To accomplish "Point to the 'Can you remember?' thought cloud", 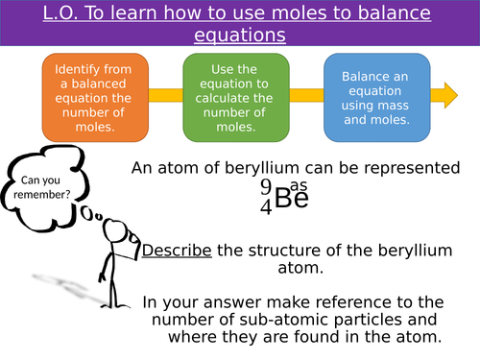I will point(43,179).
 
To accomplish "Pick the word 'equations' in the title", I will point(239,36).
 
